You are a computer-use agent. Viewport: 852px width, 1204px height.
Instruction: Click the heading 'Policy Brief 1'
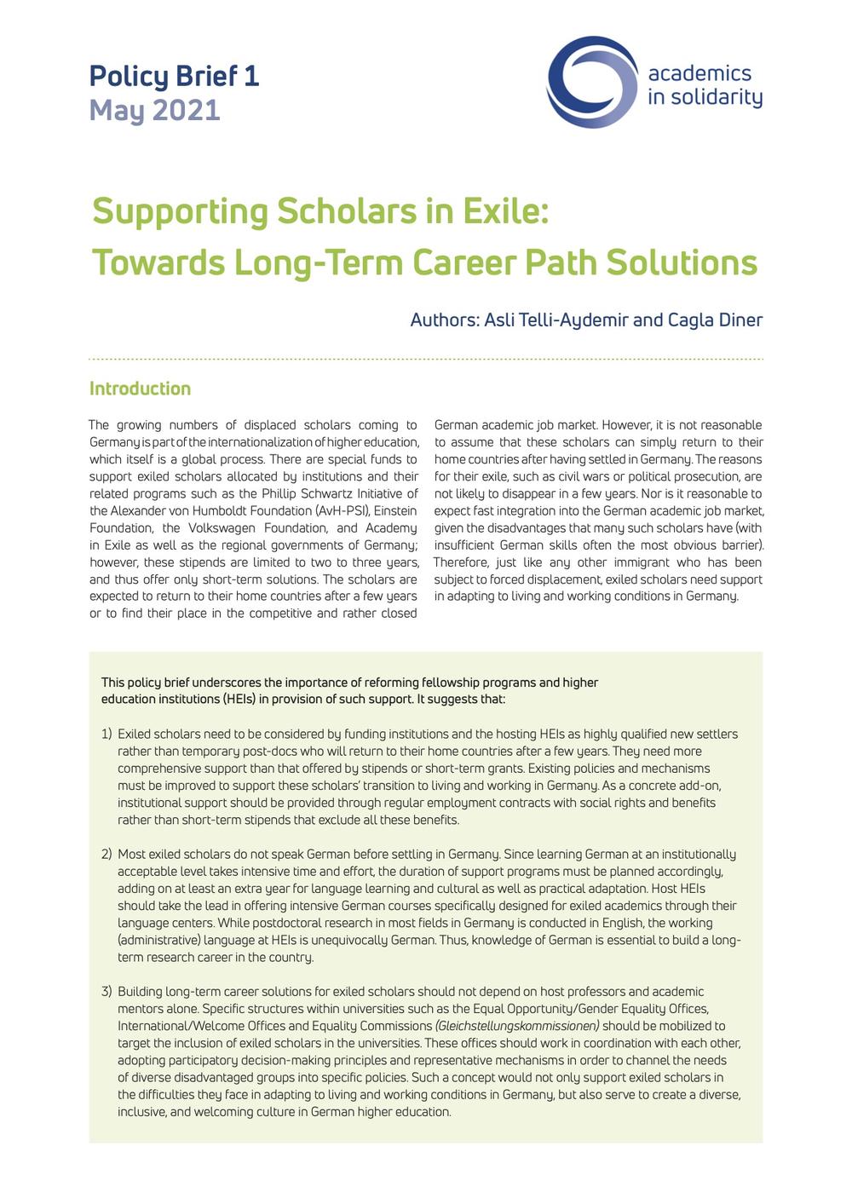tap(174, 76)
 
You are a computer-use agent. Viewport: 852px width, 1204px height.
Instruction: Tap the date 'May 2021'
tap(154, 110)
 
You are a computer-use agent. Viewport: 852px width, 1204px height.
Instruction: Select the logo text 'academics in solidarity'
tap(705, 85)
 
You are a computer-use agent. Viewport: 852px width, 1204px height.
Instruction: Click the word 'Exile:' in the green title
tap(505, 210)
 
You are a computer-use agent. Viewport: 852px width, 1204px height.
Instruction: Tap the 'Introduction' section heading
tap(140, 389)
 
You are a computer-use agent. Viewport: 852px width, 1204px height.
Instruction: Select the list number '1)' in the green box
tap(106, 734)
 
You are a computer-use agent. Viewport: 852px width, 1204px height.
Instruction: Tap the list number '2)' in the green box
tap(106, 854)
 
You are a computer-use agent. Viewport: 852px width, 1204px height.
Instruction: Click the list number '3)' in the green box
tap(106, 991)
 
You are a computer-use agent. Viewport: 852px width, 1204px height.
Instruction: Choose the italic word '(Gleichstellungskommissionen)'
tap(517, 1025)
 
